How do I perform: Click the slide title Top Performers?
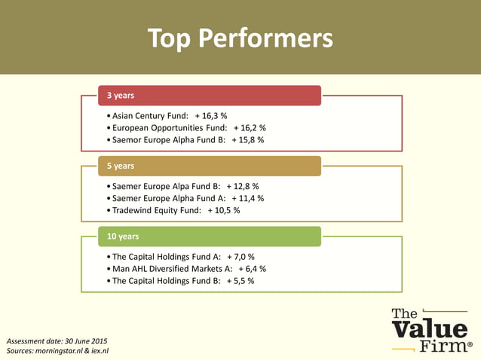240,38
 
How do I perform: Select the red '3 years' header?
210,96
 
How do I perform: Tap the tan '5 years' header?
210,166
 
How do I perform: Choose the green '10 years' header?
210,236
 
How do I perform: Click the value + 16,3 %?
211,116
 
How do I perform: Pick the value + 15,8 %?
248,140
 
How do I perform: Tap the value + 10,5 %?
224,210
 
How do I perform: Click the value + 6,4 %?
252,268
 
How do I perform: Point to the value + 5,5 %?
240,280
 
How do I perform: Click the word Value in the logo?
430,331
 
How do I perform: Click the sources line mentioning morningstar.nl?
58,351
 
